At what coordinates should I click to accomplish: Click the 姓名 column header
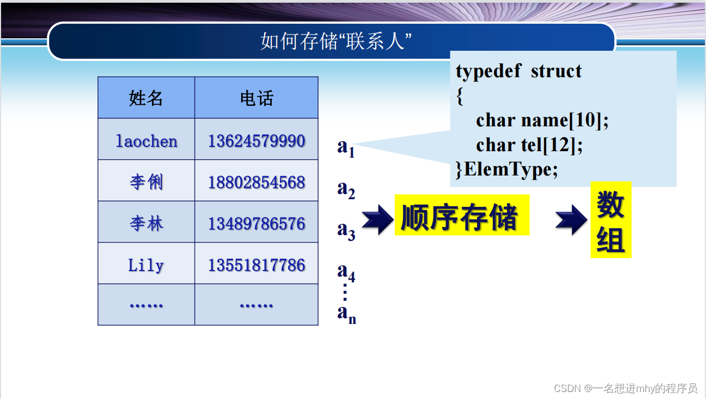(x=146, y=98)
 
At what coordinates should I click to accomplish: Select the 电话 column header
(x=256, y=98)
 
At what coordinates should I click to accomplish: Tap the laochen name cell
(x=146, y=141)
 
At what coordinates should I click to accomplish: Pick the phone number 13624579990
(x=256, y=141)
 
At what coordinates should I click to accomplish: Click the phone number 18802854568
(x=256, y=182)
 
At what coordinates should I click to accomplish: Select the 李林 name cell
(x=146, y=224)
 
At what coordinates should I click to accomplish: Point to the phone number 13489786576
(x=256, y=224)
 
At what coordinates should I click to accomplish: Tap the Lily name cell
(x=146, y=265)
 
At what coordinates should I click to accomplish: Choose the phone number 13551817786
(x=256, y=265)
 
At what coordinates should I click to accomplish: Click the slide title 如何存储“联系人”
(x=332, y=41)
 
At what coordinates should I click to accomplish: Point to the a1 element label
(x=346, y=147)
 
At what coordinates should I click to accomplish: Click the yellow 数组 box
(x=611, y=220)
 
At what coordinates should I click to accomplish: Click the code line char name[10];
(x=542, y=120)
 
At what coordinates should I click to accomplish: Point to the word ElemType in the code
(x=510, y=170)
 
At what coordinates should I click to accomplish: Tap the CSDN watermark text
(x=626, y=388)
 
